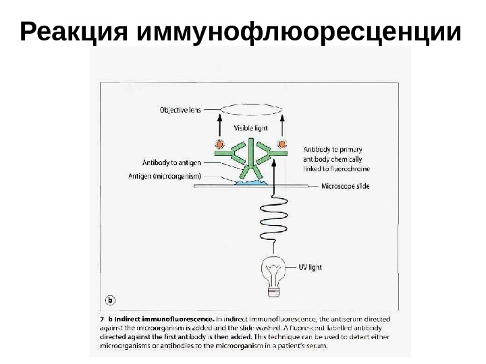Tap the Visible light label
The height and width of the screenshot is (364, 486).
pyautogui.click(x=251, y=127)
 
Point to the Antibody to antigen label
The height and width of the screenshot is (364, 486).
pyautogui.click(x=171, y=162)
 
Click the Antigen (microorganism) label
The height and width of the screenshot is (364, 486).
pyautogui.click(x=164, y=177)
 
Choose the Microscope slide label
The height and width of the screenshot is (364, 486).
pyautogui.click(x=345, y=187)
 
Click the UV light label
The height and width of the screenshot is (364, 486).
pyautogui.click(x=310, y=267)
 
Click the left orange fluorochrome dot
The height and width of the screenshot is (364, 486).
pyautogui.click(x=219, y=144)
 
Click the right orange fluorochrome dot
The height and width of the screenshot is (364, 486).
pyautogui.click(x=282, y=144)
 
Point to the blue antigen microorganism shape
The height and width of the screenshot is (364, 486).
pyautogui.click(x=251, y=183)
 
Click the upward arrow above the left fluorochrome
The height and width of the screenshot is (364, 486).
pyautogui.click(x=219, y=125)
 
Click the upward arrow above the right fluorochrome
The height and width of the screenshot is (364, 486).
pyautogui.click(x=282, y=125)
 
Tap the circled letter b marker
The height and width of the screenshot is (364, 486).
pyautogui.click(x=111, y=300)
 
